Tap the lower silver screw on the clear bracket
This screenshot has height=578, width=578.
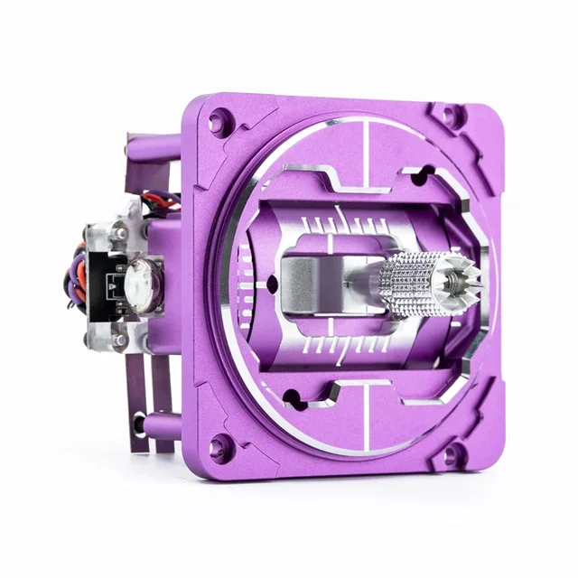[119, 340]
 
